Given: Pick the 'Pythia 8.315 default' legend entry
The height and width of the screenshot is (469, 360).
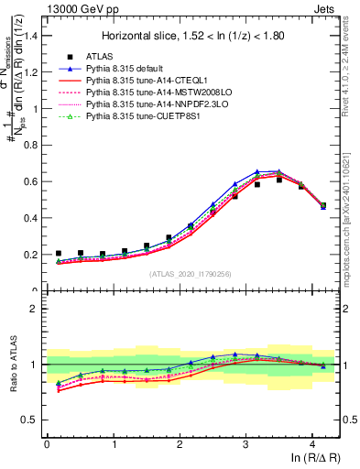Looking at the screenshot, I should tap(127, 69).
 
